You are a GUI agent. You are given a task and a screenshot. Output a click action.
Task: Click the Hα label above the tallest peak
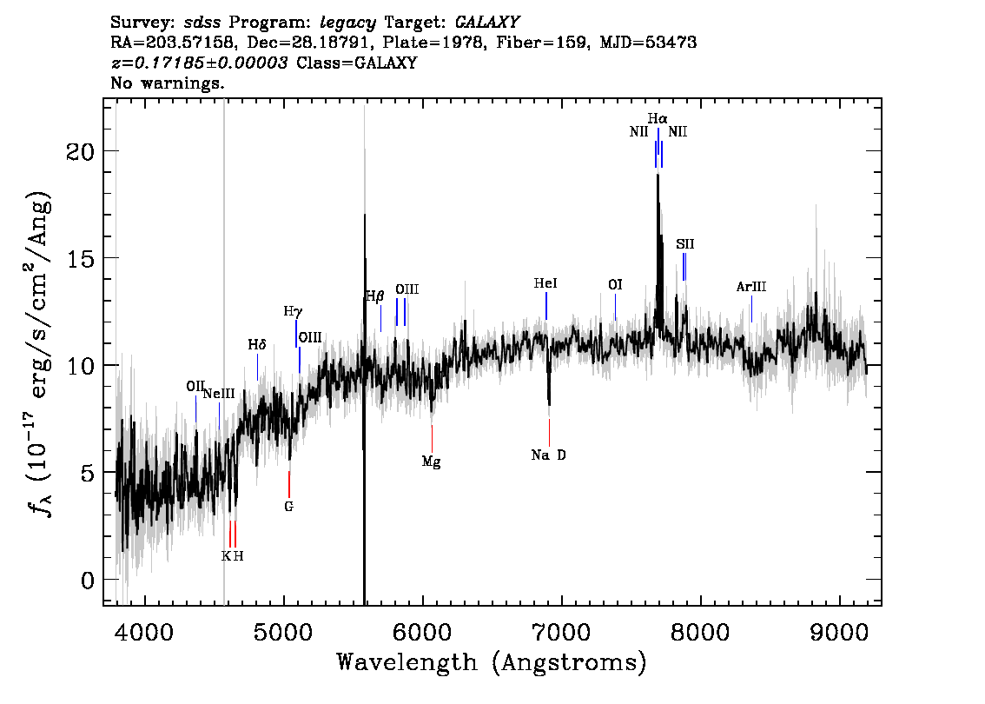point(658,118)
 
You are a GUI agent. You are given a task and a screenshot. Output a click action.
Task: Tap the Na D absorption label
point(548,455)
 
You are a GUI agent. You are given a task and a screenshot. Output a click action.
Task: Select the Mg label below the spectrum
point(431,462)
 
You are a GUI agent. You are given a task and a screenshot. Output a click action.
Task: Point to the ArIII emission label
point(751,287)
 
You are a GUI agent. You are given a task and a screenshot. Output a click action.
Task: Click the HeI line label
point(545,283)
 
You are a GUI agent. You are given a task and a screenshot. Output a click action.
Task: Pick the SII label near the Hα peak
point(684,244)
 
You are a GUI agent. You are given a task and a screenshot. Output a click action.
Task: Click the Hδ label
point(257,344)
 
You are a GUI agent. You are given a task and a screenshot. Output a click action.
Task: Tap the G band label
point(289,506)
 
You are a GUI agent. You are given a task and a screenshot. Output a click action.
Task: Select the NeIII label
point(219,394)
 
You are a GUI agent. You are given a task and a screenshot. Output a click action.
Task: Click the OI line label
point(615,285)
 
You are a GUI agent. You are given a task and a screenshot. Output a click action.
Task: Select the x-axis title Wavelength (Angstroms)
point(492,663)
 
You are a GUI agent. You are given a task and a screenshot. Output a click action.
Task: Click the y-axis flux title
point(39,352)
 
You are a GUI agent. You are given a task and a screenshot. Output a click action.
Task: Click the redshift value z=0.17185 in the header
point(200,63)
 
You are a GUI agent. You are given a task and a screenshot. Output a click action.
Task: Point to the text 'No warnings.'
point(167,83)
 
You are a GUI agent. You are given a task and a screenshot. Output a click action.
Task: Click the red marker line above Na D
point(549,433)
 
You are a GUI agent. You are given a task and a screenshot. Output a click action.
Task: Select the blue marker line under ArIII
point(751,309)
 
